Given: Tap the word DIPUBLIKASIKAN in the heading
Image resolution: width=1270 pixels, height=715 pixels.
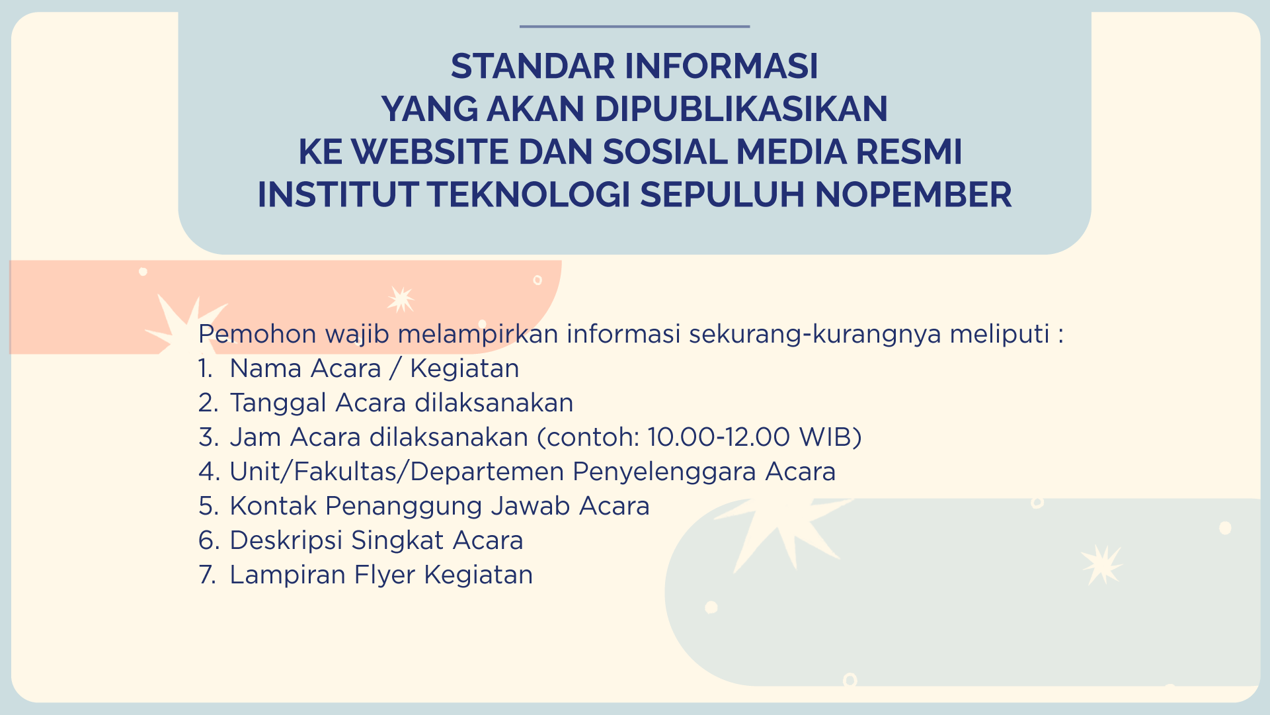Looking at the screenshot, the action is click(x=740, y=109).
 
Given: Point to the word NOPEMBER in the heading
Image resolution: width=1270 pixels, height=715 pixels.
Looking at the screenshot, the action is click(x=913, y=194).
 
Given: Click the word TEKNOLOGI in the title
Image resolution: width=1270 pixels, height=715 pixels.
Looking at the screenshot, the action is click(x=528, y=194).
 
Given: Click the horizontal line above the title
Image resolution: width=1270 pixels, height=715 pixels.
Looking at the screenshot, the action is click(x=635, y=26).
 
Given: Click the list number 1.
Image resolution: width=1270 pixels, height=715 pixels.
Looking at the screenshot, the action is click(x=206, y=368).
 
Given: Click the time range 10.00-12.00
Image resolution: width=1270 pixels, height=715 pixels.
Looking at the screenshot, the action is click(x=719, y=437).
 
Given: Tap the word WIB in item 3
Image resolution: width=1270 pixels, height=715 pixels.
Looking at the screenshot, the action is click(x=826, y=437).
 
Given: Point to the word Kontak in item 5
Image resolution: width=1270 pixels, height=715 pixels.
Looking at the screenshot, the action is click(x=273, y=506).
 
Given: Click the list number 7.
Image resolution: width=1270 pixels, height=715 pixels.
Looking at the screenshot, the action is click(x=207, y=575).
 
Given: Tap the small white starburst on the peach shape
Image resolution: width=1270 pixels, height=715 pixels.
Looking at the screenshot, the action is click(x=401, y=299).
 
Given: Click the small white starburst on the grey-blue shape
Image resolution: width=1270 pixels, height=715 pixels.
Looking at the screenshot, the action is click(x=1101, y=564).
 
